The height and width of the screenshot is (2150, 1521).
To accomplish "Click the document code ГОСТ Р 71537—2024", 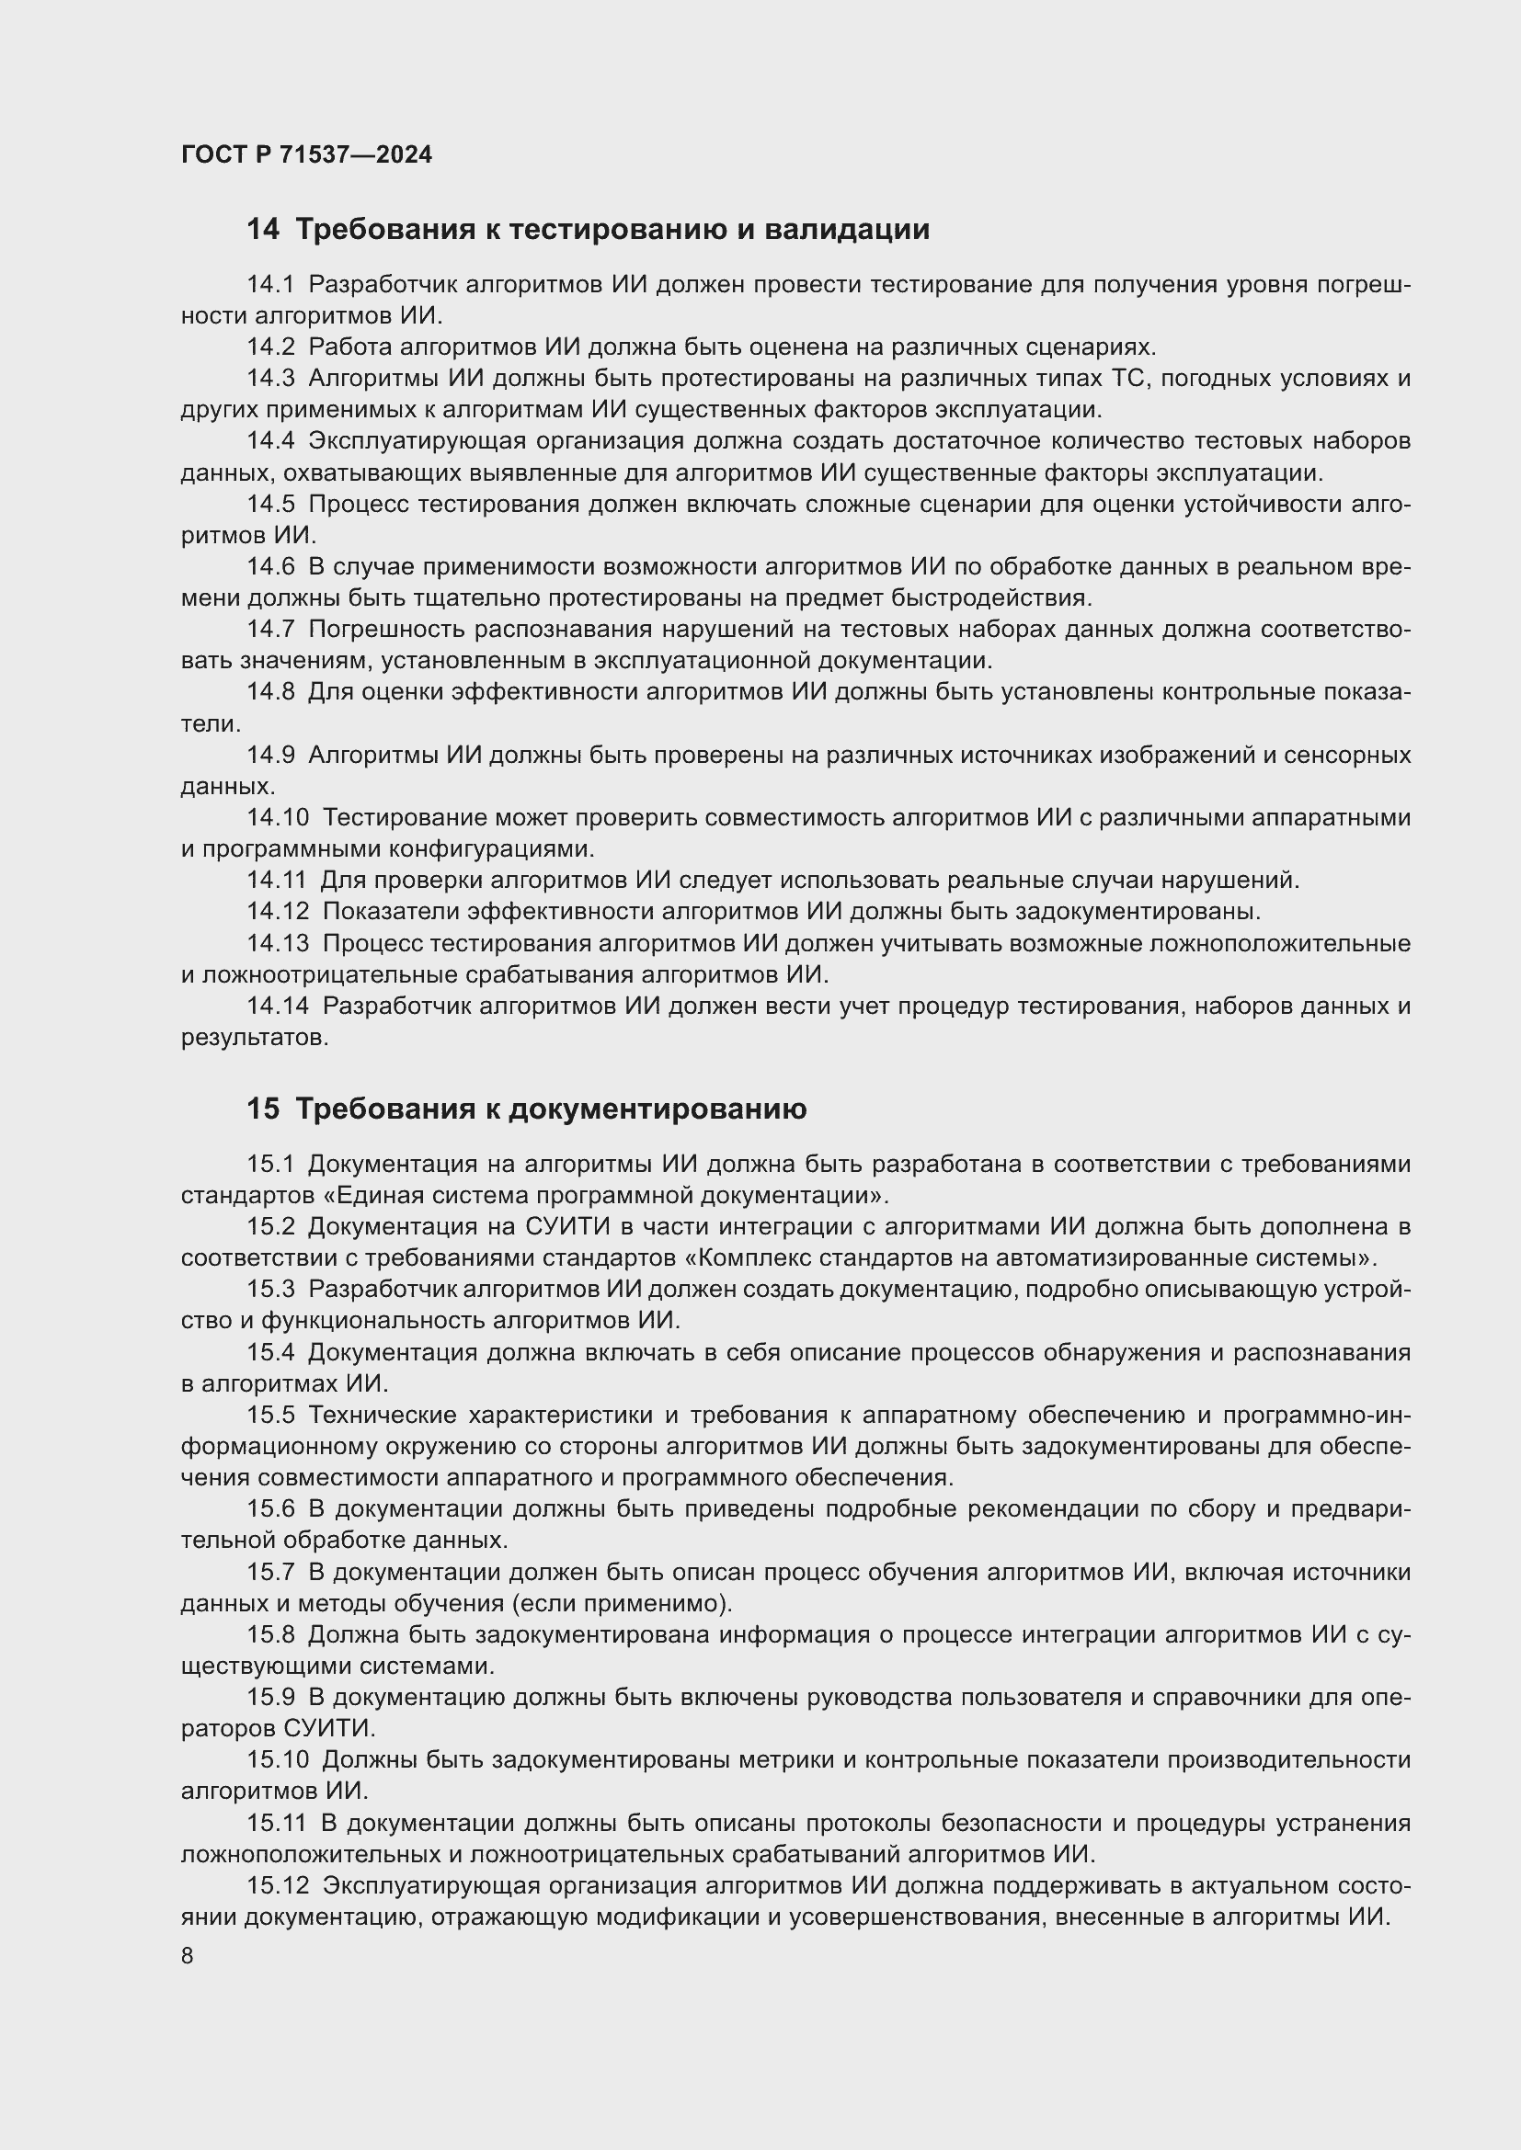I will click(306, 154).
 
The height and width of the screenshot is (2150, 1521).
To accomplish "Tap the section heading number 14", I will click(262, 230).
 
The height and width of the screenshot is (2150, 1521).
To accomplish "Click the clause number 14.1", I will click(269, 285).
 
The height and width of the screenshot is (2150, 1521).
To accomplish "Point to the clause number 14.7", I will click(269, 630).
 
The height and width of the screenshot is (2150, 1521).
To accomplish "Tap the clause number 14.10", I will click(277, 817).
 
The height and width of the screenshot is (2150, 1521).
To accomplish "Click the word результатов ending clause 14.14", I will click(254, 1038).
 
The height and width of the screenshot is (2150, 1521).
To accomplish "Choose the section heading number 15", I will click(262, 1109).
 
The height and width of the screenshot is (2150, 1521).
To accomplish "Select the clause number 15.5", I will click(269, 1415).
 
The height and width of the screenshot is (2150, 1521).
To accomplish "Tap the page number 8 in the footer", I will click(188, 1955).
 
